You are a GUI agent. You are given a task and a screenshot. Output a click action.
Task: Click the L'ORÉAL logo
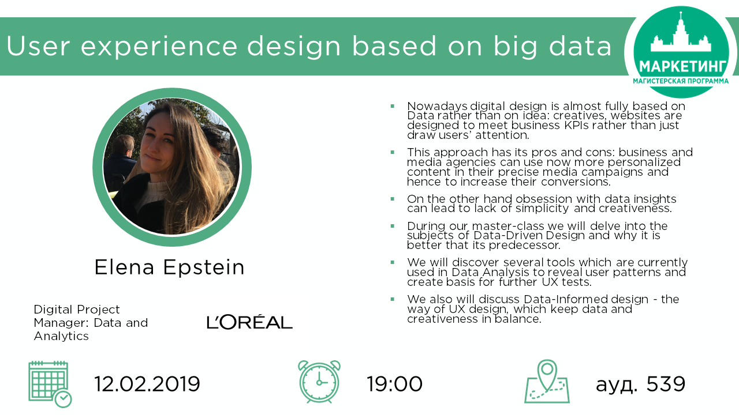point(249,322)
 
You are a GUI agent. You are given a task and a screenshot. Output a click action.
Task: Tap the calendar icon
point(50,384)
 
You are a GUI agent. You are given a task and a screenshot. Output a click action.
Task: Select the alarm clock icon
point(319,382)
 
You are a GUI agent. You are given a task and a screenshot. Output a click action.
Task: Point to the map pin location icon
point(547,382)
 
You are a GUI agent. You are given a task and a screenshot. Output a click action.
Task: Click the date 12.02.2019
point(147,384)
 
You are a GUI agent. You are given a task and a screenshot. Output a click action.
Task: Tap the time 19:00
point(394,384)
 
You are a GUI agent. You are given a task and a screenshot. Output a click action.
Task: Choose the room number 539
point(666,384)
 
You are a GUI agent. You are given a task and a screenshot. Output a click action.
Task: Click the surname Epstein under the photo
point(204,268)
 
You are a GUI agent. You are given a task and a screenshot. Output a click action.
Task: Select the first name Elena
point(124,267)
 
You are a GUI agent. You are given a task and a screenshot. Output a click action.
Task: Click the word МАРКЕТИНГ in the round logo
point(682,67)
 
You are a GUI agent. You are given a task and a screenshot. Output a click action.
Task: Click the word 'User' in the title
point(38,46)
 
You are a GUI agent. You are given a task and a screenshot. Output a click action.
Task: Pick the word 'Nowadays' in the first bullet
point(437,107)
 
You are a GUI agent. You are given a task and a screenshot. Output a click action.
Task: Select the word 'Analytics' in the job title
point(61,336)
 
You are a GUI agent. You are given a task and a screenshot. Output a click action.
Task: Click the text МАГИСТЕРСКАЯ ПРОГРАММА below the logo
point(681,81)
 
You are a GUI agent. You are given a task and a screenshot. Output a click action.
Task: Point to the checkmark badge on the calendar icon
point(63,399)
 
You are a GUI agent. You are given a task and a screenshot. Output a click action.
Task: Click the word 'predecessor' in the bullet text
point(524,246)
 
